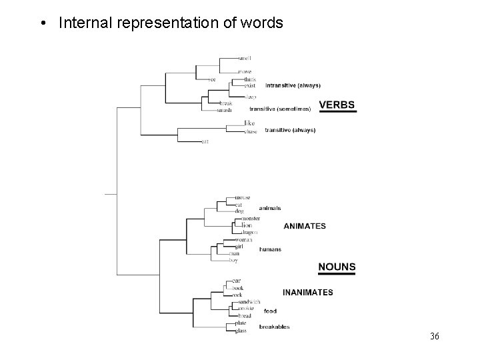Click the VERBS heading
tap(337, 105)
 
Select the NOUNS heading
tap(337, 267)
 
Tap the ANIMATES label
tap(305, 226)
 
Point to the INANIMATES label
tap(308, 292)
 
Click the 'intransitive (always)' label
tap(293, 85)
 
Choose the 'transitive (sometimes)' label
tap(280, 108)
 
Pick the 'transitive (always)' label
tap(290, 131)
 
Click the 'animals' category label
tap(270, 209)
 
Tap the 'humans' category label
tap(270, 249)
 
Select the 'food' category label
tap(270, 311)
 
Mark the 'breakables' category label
tap(274, 327)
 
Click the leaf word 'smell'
tap(244, 58)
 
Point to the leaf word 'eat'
tap(205, 141)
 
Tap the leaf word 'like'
tap(249, 123)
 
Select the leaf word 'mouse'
tap(243, 198)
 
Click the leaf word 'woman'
tap(244, 239)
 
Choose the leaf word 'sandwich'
tap(248, 302)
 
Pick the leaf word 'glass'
tap(241, 331)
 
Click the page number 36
tap(435, 336)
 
